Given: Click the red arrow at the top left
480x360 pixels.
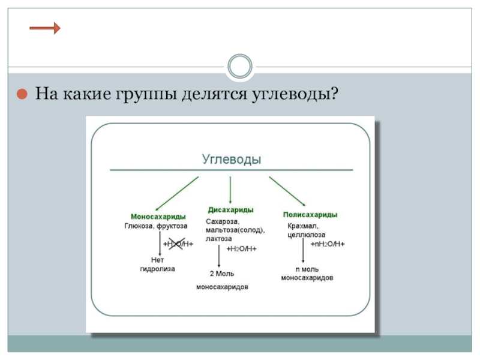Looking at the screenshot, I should pyautogui.click(x=44, y=28).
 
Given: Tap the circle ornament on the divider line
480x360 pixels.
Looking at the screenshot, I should pyautogui.click(x=240, y=66).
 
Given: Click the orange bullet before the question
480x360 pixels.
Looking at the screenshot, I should pyautogui.click(x=21, y=95).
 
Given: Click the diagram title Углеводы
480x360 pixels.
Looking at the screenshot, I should pyautogui.click(x=232, y=160).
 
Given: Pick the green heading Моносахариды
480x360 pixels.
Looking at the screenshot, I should pyautogui.click(x=158, y=216).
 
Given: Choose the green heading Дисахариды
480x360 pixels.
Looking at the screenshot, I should pyautogui.click(x=230, y=210).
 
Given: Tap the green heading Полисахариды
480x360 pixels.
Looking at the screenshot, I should pyautogui.click(x=309, y=214).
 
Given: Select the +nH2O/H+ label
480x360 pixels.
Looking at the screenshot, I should pyautogui.click(x=328, y=244).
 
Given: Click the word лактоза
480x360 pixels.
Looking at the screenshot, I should pyautogui.click(x=218, y=239).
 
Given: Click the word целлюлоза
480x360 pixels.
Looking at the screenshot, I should pyautogui.click(x=305, y=235).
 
